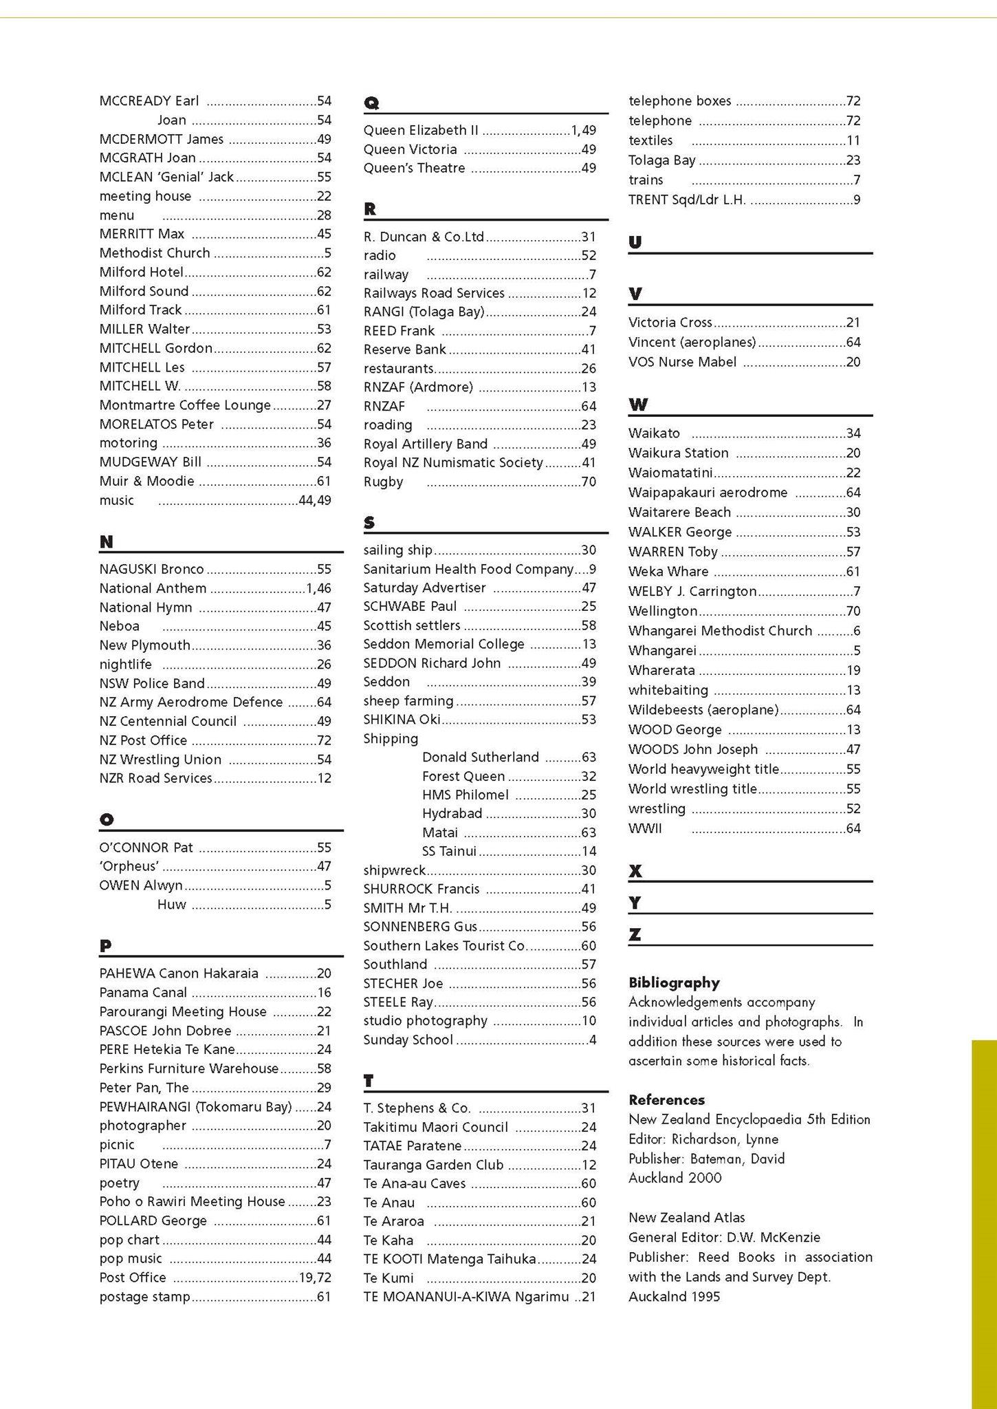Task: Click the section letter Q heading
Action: (371, 103)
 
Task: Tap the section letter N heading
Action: (106, 542)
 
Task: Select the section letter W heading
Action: (637, 405)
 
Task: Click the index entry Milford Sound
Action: (144, 291)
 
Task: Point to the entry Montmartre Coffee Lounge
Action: (185, 405)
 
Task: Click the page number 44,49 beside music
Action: (314, 500)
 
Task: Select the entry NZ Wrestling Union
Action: (160, 760)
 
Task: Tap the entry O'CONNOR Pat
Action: (146, 848)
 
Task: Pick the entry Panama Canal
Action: (143, 992)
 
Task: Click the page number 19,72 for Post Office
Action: (314, 1278)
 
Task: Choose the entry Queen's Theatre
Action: (414, 168)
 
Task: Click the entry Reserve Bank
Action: (404, 349)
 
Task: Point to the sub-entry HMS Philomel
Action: (465, 795)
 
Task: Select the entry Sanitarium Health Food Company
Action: (468, 569)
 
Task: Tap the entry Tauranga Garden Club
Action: (433, 1165)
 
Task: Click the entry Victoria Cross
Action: (670, 322)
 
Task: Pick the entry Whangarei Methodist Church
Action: (720, 631)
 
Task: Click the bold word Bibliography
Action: (674, 982)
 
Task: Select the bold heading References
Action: (666, 1099)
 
